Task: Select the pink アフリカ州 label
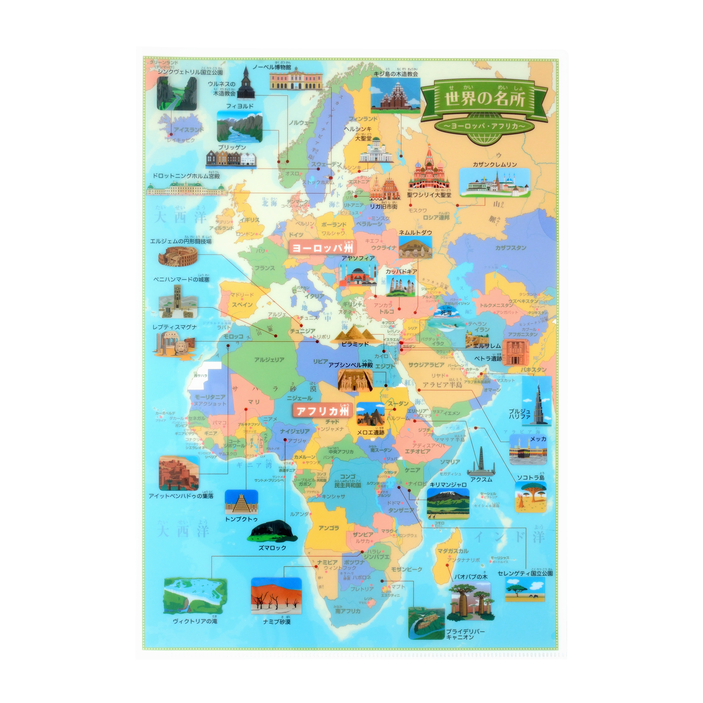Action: coord(322,411)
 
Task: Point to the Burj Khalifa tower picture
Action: coord(536,400)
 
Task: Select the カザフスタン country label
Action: coord(510,248)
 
